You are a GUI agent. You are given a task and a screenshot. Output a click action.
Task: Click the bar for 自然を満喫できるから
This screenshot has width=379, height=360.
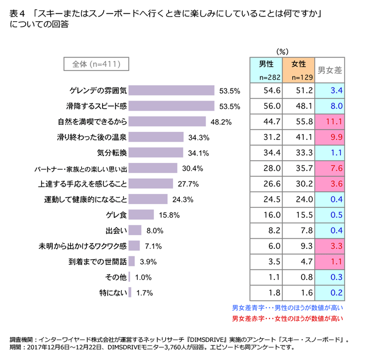click(x=167, y=121)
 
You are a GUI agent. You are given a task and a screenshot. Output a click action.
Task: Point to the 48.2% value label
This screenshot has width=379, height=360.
click(x=221, y=122)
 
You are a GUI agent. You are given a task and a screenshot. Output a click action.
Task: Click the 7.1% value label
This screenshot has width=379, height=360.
click(x=153, y=246)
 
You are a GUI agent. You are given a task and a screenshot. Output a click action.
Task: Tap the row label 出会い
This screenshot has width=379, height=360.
click(x=116, y=231)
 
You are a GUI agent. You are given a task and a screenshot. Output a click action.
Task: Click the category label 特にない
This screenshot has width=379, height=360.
click(x=112, y=293)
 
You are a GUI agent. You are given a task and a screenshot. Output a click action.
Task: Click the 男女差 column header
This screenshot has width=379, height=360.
click(x=330, y=70)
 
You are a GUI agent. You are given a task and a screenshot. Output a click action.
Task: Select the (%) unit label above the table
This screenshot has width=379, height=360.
click(x=282, y=52)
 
